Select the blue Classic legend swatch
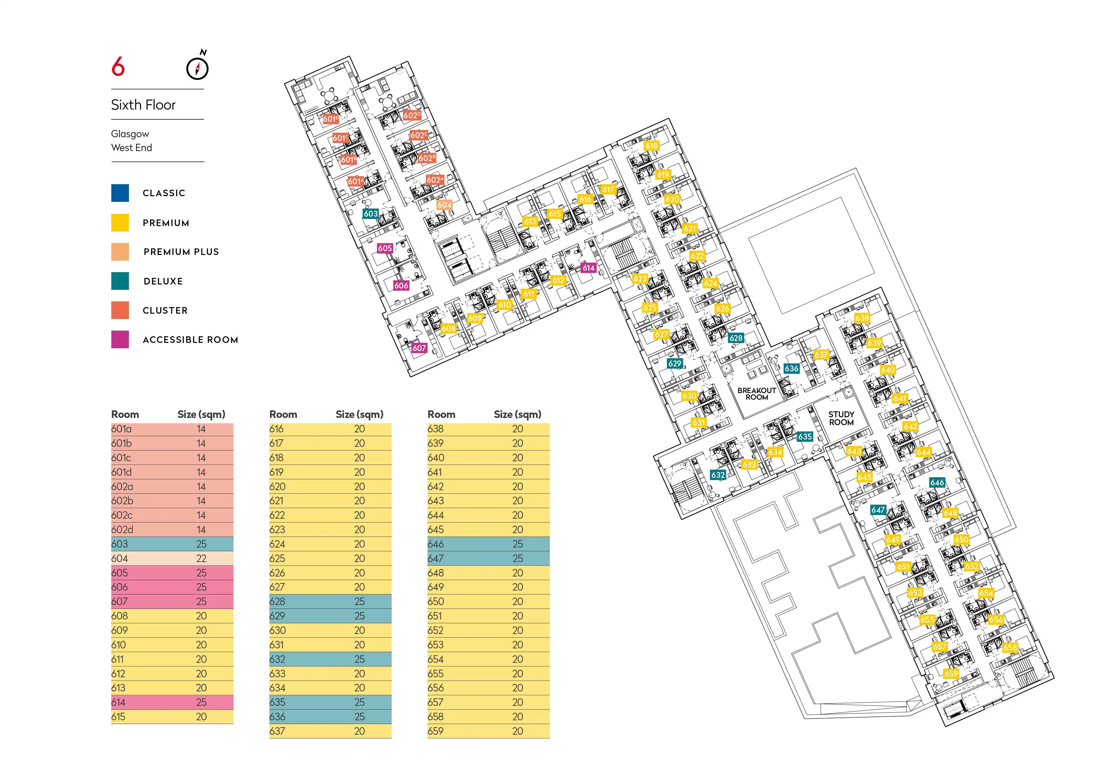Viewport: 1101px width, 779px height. [x=120, y=193]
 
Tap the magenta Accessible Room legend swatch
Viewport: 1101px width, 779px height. [x=120, y=340]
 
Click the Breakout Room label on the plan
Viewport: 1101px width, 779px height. [x=757, y=394]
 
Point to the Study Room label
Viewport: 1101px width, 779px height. [x=841, y=418]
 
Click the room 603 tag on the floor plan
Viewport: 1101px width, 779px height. [x=371, y=214]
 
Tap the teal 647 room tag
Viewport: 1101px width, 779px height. [x=878, y=510]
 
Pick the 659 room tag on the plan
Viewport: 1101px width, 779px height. [x=951, y=674]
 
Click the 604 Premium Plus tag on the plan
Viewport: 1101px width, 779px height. [x=444, y=205]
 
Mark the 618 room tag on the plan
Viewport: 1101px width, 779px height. [x=651, y=145]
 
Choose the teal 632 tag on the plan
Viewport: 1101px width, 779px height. [x=718, y=475]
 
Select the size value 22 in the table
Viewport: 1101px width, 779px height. [x=201, y=558]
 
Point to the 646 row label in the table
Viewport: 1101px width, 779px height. [x=436, y=544]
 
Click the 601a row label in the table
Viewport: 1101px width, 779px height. [x=121, y=429]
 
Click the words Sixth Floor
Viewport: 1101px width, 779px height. [x=143, y=105]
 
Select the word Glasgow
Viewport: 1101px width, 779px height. [x=130, y=134]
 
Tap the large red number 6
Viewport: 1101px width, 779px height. [x=118, y=66]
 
